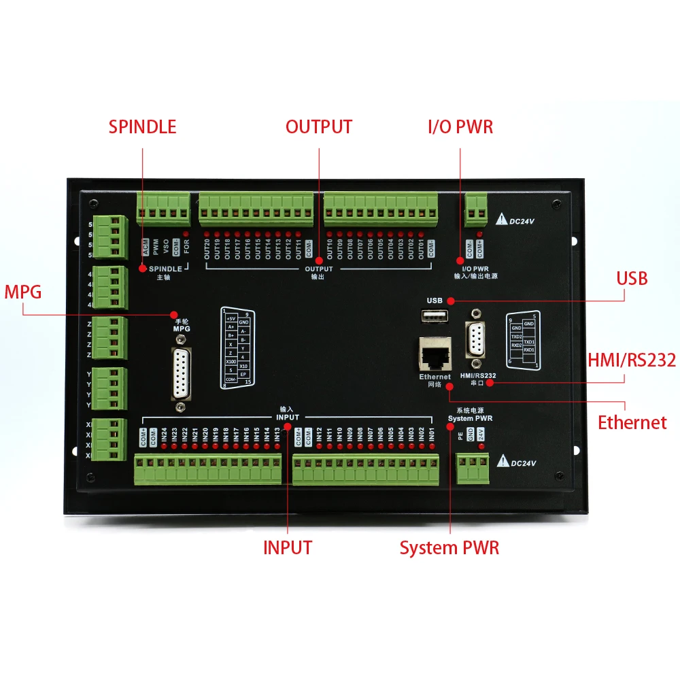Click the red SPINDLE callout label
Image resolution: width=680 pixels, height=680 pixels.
coord(142,126)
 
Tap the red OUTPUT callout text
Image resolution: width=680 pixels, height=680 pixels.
coord(319,126)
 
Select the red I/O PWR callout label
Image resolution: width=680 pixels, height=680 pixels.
coord(460,126)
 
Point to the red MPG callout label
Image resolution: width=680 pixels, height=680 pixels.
coord(23,292)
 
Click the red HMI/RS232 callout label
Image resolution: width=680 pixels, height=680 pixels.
coord(632,360)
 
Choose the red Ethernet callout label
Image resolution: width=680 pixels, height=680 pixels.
coord(632,422)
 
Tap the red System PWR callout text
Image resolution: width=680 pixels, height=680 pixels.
coord(449,547)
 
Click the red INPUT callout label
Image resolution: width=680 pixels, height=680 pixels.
coord(287,547)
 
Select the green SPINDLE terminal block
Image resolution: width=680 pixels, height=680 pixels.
coord(163,207)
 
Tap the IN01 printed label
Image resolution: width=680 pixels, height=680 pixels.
coord(432,435)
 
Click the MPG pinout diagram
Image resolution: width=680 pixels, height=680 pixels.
coord(237,347)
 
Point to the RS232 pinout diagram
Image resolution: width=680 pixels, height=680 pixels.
coord(523,341)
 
